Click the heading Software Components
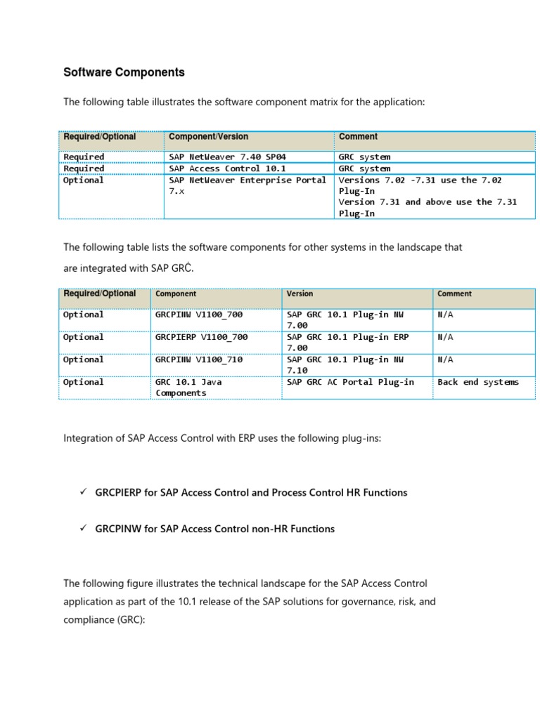[x=124, y=72]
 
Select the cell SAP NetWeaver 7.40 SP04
[x=227, y=157]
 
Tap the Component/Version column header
[x=208, y=137]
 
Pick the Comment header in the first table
[x=358, y=137]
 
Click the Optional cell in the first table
[x=83, y=180]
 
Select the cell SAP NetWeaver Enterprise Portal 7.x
[x=247, y=185]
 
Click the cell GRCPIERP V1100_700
[x=201, y=337]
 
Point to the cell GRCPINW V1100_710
[x=198, y=359]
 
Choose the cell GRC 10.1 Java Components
[x=184, y=388]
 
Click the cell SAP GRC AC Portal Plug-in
[x=350, y=382]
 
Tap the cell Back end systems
[x=477, y=382]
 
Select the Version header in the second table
[x=300, y=293]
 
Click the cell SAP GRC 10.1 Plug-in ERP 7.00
[x=347, y=342]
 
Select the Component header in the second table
[x=176, y=293]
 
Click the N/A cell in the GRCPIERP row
[x=445, y=337]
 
